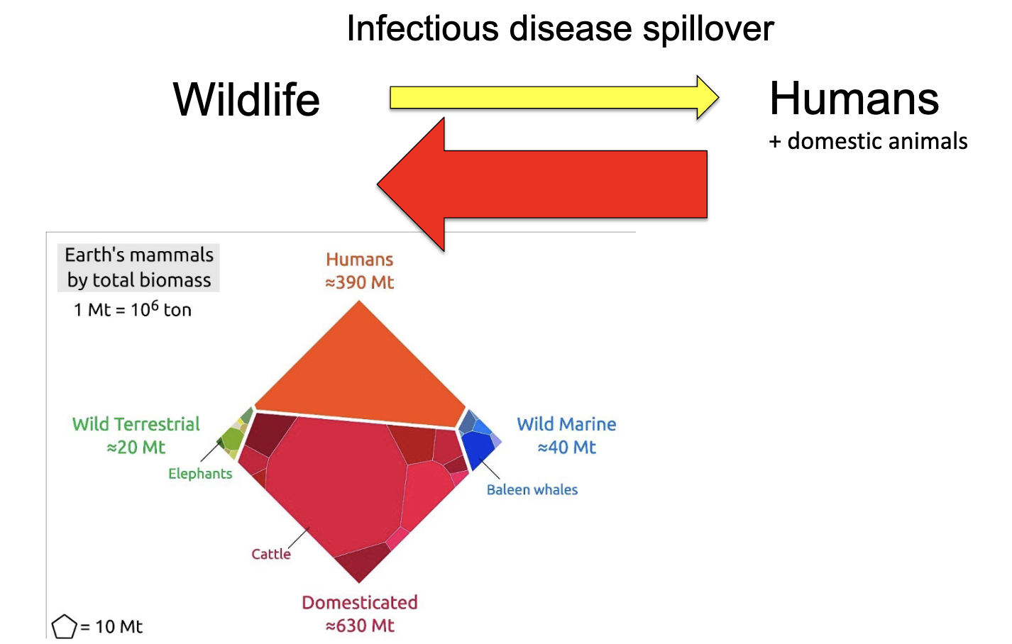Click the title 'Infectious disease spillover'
click(560, 29)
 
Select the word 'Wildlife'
click(246, 99)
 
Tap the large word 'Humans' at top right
click(854, 98)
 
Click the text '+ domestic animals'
click(868, 141)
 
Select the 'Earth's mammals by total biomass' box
click(139, 267)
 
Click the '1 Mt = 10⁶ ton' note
click(133, 310)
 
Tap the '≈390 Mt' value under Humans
click(359, 282)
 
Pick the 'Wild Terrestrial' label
click(136, 424)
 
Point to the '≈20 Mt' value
click(136, 448)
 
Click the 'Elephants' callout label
click(200, 474)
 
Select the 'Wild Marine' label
click(566, 424)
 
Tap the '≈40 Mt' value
click(566, 448)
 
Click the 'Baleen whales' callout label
click(532, 489)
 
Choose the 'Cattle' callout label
click(271, 554)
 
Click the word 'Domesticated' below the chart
click(360, 602)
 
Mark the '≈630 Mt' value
click(360, 626)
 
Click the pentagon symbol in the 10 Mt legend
click(64, 627)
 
